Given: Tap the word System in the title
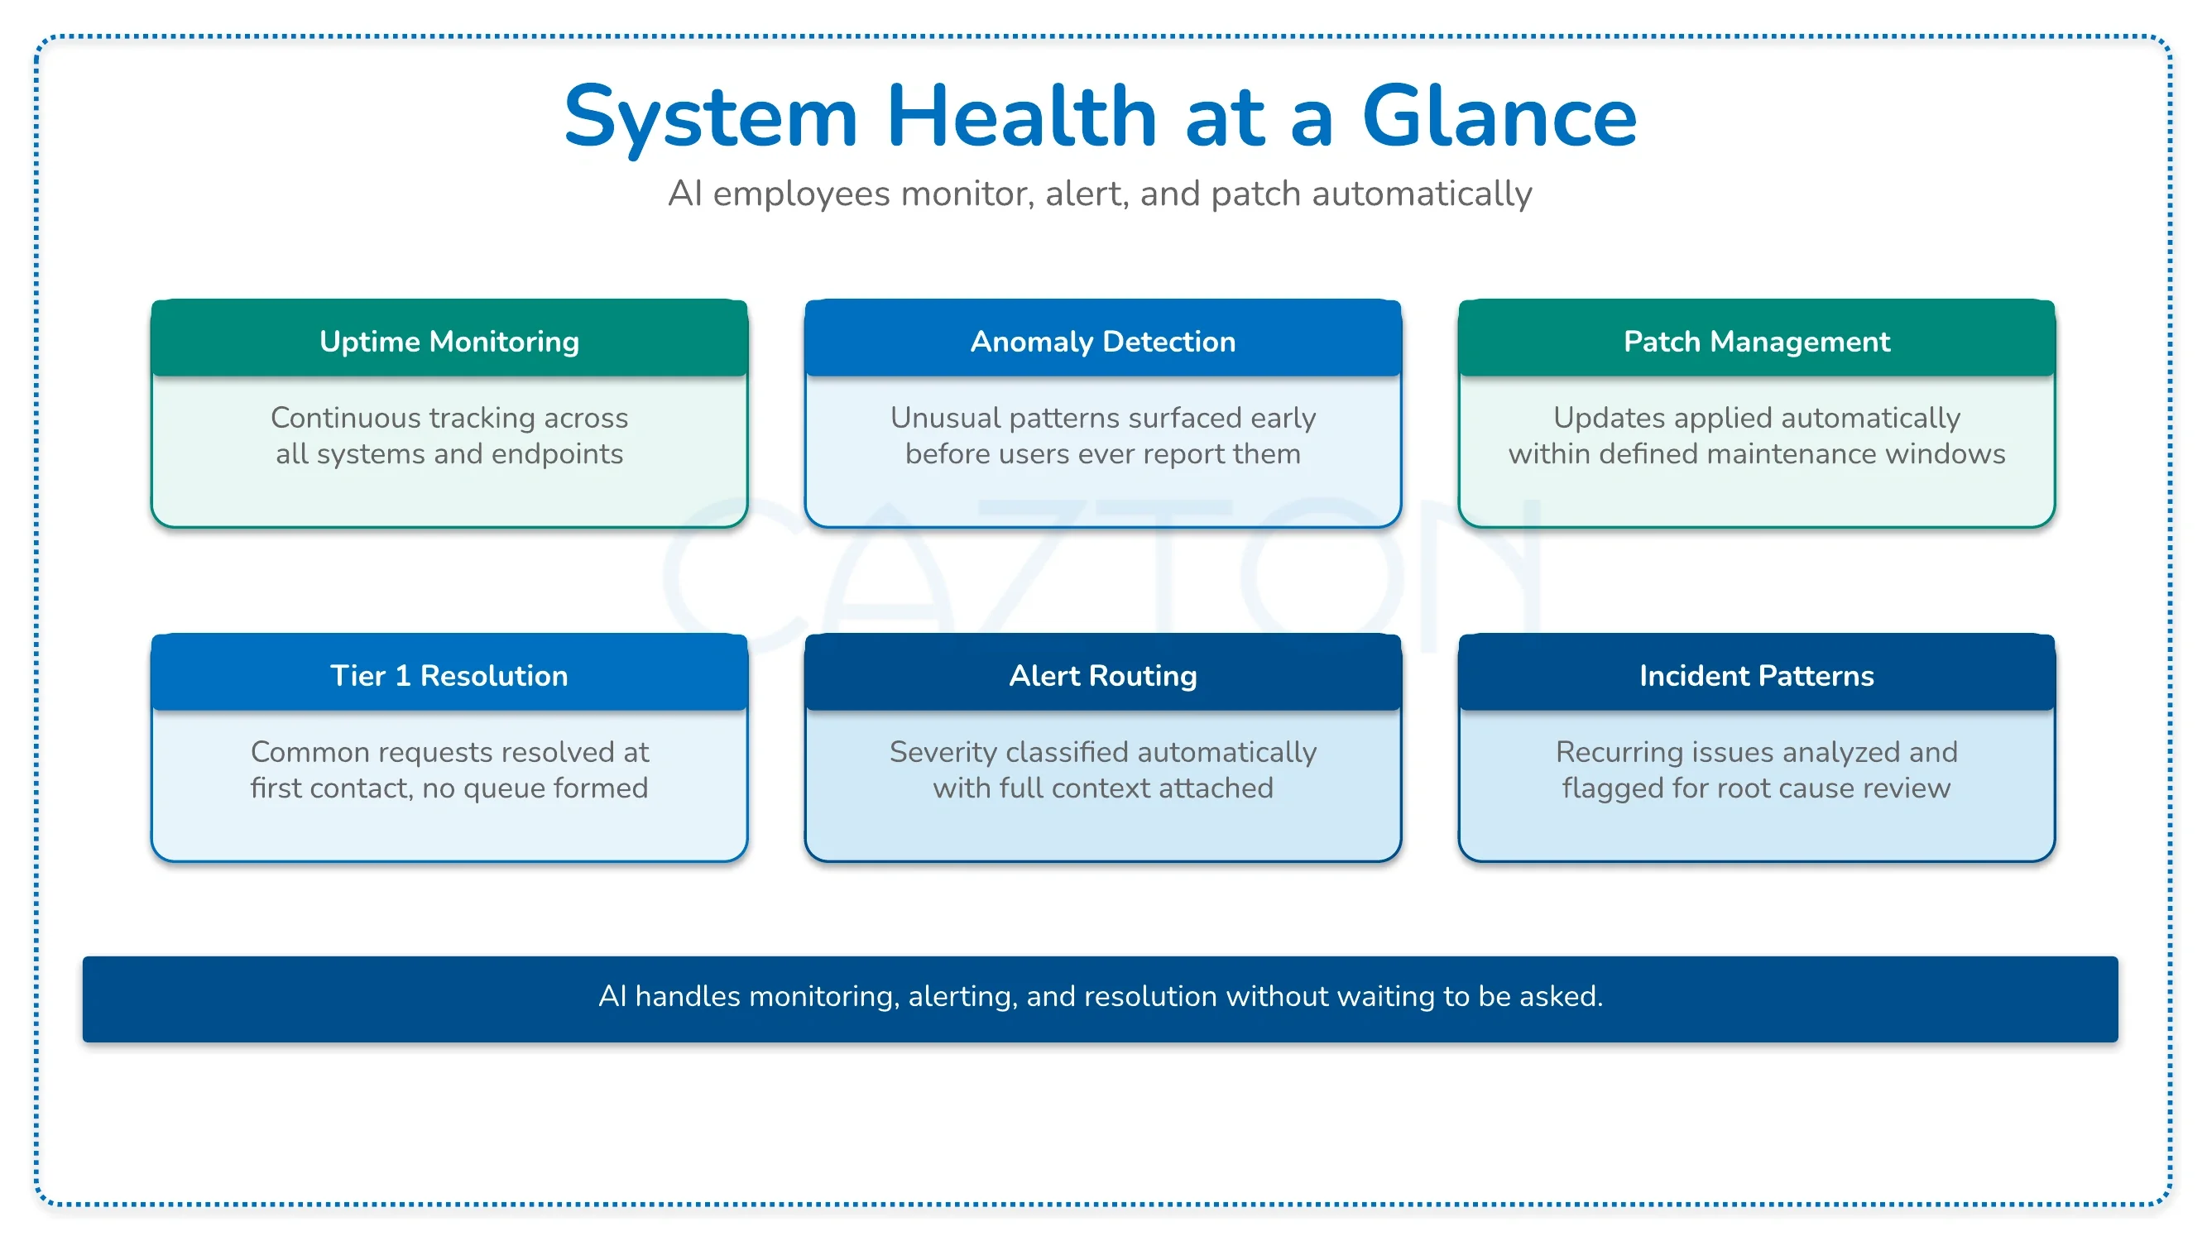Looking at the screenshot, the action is click(x=711, y=117).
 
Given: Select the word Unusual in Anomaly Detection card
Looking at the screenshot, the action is click(x=946, y=417).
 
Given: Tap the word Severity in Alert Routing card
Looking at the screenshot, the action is click(x=943, y=752).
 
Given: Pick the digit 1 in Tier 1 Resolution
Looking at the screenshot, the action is click(x=402, y=676).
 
